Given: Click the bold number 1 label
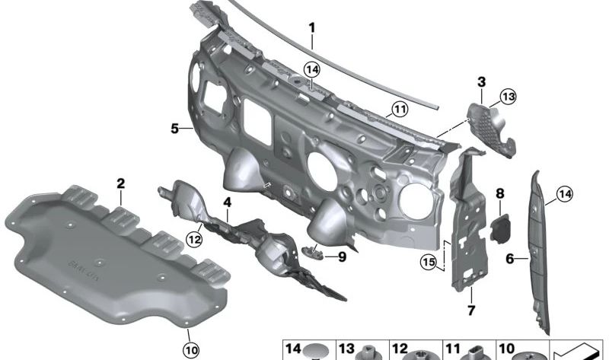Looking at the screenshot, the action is tap(312, 28).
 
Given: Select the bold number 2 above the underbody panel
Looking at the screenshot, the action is tap(121, 183).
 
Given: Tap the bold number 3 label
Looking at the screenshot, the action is tap(481, 82).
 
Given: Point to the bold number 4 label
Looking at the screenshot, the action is tap(227, 202).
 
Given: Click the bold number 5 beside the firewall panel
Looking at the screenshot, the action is tap(175, 128).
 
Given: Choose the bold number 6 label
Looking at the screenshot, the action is tap(510, 258).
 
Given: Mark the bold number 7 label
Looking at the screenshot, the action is tap(471, 310).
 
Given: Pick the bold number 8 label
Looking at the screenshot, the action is tap(500, 194).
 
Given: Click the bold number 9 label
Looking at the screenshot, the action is tap(342, 256).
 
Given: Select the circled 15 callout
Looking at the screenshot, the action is tap(429, 262).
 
